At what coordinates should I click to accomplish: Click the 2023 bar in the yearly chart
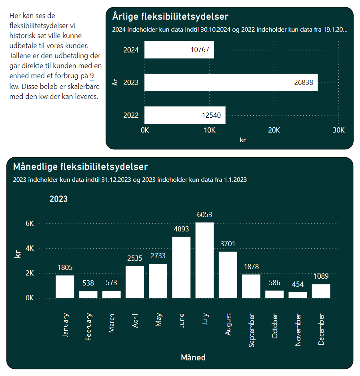231,82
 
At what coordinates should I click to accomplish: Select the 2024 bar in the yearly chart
179,50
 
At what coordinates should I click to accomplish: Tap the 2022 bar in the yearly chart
185,115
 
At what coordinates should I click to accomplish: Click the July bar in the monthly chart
204,260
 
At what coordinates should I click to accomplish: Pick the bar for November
298,295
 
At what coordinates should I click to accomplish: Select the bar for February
88,295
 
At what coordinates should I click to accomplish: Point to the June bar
181,267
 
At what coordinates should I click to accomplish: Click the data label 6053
204,215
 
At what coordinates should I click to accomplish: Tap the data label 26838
304,82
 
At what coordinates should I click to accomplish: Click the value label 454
298,284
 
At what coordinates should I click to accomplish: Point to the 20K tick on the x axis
274,130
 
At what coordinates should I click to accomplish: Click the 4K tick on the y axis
30,248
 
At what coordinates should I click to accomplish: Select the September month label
252,330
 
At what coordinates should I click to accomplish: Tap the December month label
321,329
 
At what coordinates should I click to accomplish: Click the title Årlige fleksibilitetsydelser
170,16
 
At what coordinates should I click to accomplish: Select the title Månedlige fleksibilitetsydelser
80,167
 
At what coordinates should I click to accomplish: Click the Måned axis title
193,358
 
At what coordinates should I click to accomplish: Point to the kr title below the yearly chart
243,140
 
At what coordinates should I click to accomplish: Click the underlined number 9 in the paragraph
92,76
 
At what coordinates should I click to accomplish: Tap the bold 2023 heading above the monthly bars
59,199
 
